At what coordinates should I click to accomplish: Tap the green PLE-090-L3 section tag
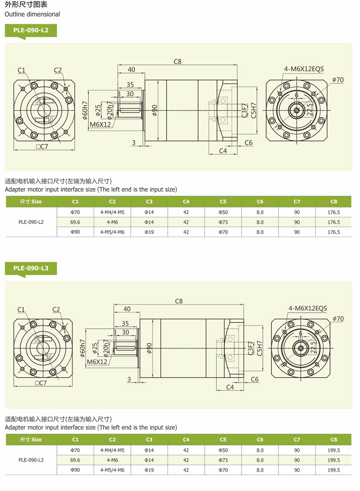(x=30, y=268)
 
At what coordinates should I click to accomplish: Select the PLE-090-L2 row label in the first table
(x=31, y=222)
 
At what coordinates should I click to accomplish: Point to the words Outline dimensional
(x=32, y=14)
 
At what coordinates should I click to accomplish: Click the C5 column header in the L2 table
(x=223, y=202)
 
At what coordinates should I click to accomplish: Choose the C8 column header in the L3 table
(x=334, y=440)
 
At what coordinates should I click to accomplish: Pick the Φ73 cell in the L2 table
(x=223, y=222)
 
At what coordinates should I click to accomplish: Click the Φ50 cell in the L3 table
(x=223, y=450)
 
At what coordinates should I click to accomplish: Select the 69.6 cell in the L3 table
(x=75, y=460)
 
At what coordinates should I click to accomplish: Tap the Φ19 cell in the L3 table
(x=149, y=470)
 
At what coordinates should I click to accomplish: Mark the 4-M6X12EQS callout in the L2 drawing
(x=304, y=69)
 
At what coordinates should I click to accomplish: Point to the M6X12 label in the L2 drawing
(x=100, y=125)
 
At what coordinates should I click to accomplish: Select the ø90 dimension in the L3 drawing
(x=149, y=348)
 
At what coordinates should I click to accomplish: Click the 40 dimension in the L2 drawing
(x=132, y=70)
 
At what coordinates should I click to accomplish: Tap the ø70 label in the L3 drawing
(x=338, y=319)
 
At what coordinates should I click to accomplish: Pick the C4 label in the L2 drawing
(x=223, y=151)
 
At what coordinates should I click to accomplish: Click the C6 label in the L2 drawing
(x=249, y=143)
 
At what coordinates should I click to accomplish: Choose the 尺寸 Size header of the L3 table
(x=31, y=440)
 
